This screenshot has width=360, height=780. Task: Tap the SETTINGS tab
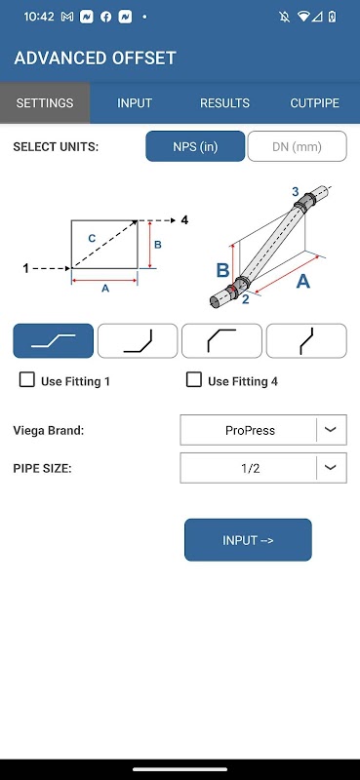[45, 103]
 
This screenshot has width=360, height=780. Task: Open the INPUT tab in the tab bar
[135, 103]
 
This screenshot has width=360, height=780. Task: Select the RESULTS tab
[224, 103]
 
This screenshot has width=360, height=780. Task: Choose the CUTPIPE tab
[315, 103]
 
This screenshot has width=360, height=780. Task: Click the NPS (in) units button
[195, 146]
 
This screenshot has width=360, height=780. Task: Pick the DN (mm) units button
[297, 146]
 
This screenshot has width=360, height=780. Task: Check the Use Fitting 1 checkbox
[27, 380]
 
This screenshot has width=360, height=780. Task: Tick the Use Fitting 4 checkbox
[194, 380]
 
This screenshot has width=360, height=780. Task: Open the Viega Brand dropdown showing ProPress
[263, 430]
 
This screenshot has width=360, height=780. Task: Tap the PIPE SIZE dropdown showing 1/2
[263, 468]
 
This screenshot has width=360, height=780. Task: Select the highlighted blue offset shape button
[54, 340]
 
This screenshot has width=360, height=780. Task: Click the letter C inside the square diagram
[92, 239]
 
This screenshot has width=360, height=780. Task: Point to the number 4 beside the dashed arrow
[184, 220]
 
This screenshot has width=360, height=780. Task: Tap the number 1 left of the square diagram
[26, 269]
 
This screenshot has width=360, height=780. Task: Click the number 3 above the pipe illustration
[296, 191]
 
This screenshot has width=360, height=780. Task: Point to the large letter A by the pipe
[302, 282]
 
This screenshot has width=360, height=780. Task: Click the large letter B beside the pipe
[222, 270]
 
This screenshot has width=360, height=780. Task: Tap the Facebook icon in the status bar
[106, 17]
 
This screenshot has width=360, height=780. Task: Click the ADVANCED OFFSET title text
[95, 58]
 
